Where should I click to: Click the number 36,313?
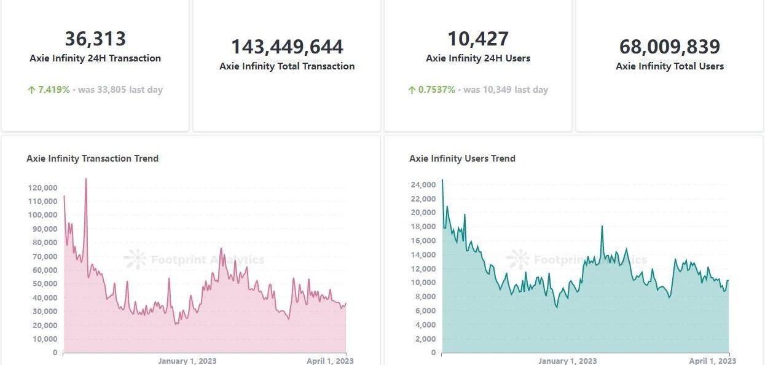tap(95, 39)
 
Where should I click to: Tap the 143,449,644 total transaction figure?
tap(287, 47)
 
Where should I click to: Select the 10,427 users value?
tap(478, 39)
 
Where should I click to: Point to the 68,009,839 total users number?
tap(670, 47)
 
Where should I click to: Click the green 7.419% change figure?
tap(54, 90)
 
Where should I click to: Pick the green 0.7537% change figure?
tap(437, 90)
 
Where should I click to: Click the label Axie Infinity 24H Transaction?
tap(95, 58)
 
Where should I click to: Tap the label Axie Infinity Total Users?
tap(670, 66)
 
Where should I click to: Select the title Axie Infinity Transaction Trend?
tap(93, 159)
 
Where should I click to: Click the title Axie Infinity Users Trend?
tap(462, 159)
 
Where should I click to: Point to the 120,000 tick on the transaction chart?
tap(43, 187)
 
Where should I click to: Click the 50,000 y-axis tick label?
tap(43, 284)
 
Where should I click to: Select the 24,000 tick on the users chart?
tap(423, 185)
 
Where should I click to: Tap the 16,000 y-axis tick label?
tap(423, 241)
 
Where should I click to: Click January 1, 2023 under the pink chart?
tap(187, 361)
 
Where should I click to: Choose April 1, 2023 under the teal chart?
tap(712, 361)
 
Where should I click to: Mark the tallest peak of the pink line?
tap(86, 179)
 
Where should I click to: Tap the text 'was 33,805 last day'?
tap(120, 90)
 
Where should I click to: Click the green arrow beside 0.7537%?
tap(412, 90)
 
